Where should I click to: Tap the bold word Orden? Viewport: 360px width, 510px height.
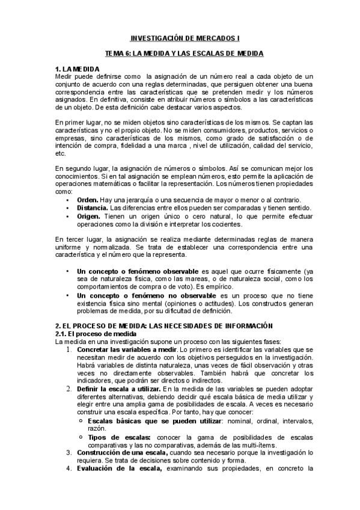click(88, 200)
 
